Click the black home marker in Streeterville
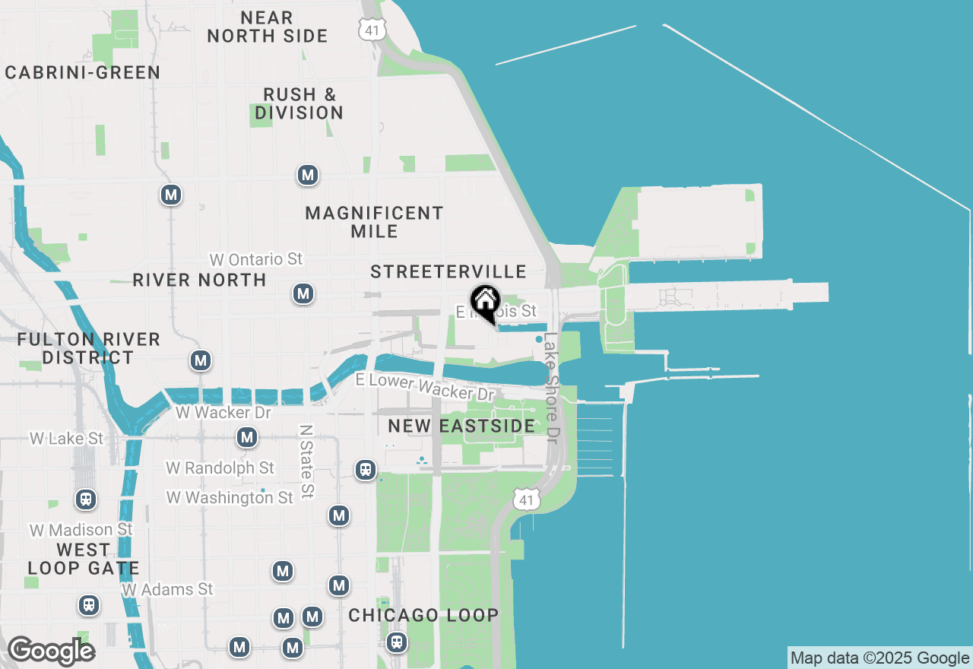click(485, 302)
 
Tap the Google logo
click(50, 652)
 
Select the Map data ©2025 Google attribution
click(880, 658)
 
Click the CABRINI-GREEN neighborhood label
click(83, 72)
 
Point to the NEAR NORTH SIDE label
click(268, 27)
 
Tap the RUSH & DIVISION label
click(299, 103)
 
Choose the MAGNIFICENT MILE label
click(374, 222)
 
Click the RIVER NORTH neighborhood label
click(199, 280)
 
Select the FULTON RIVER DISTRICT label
click(88, 348)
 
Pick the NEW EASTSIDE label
click(461, 426)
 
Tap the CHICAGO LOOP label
click(423, 615)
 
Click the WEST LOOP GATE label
click(84, 559)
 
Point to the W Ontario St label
click(255, 259)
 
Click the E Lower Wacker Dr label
click(424, 387)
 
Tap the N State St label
click(306, 461)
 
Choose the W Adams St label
click(167, 589)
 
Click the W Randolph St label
click(220, 468)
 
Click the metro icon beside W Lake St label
click(246, 437)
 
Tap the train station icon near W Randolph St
click(366, 469)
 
